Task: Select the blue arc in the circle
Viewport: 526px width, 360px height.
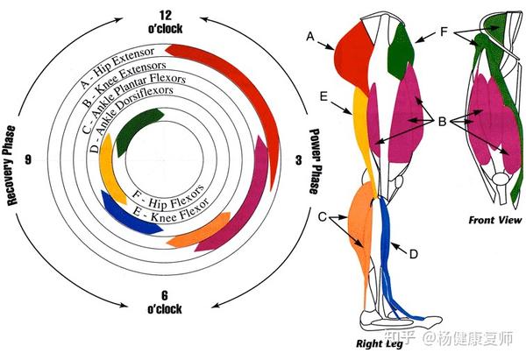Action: click(128, 213)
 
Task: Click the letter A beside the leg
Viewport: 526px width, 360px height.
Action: click(309, 36)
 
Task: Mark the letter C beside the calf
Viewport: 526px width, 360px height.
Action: click(324, 216)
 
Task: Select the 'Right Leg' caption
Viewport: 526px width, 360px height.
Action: click(379, 343)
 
